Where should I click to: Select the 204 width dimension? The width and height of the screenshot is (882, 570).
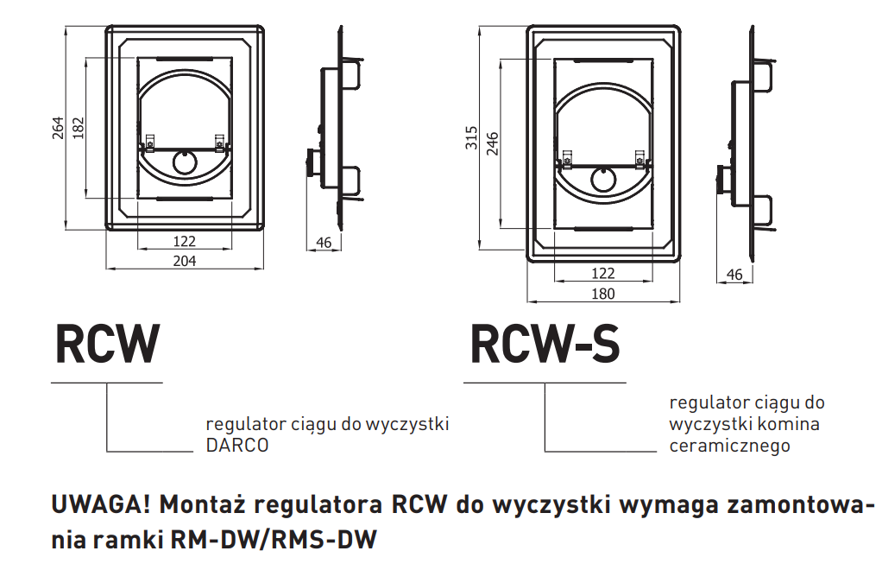(x=185, y=260)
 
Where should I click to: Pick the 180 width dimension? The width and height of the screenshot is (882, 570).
(x=603, y=294)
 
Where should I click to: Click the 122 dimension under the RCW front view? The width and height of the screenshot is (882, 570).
(x=185, y=241)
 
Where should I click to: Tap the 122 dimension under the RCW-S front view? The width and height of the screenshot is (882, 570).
(x=603, y=274)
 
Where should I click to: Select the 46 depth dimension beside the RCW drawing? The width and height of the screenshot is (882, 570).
(x=324, y=243)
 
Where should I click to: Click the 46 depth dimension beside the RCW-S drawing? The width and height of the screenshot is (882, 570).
(x=734, y=275)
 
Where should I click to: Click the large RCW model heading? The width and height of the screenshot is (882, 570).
(x=107, y=344)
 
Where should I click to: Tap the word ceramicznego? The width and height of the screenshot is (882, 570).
(x=729, y=446)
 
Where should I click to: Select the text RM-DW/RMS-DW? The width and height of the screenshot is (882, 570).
(x=274, y=541)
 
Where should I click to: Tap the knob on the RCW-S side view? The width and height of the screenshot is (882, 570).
(x=719, y=180)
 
